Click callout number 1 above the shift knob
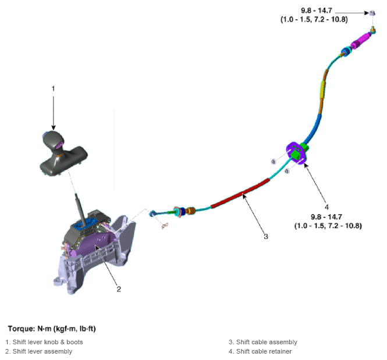tap(53, 88)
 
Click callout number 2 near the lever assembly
tap(119, 289)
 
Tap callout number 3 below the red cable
tap(266, 237)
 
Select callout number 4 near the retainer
tap(326, 207)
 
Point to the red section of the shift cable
tap(240, 194)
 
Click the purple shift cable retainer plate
tap(296, 154)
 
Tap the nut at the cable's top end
tap(372, 13)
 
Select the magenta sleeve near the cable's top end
tap(361, 41)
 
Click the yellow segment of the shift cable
tap(322, 90)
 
